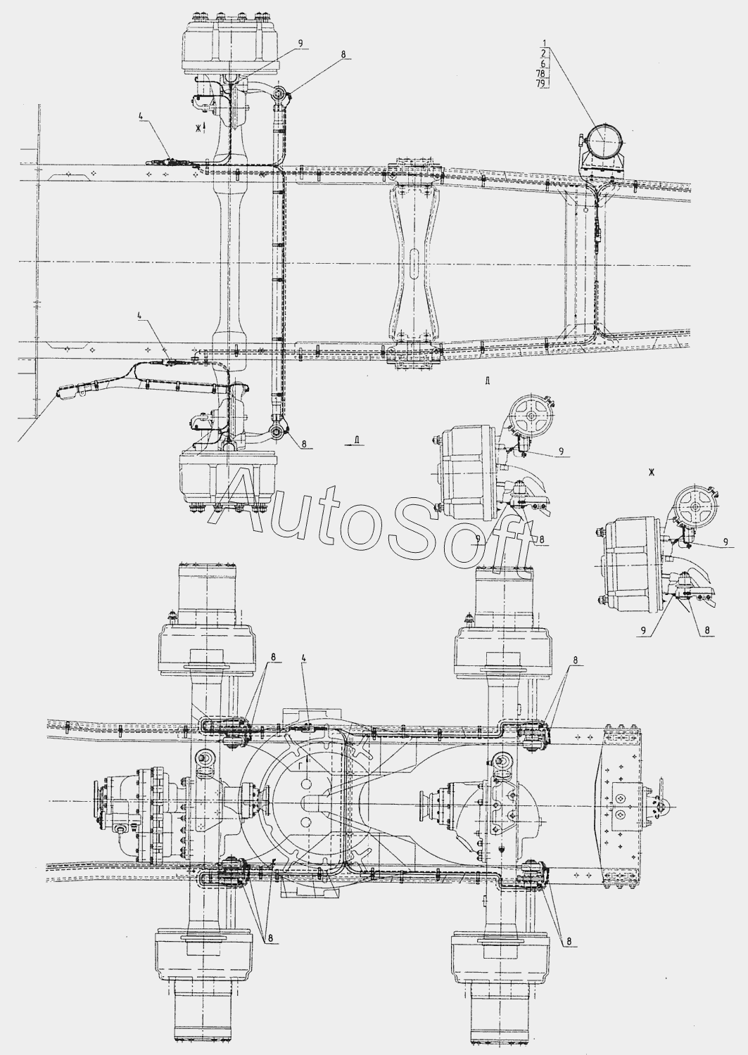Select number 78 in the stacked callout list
pyautogui.click(x=540, y=73)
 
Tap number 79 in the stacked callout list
pyautogui.click(x=540, y=84)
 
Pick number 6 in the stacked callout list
pyautogui.click(x=543, y=63)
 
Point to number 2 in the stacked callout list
pyautogui.click(x=543, y=53)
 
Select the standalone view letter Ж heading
pyautogui.click(x=652, y=473)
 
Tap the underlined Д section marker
pyautogui.click(x=358, y=440)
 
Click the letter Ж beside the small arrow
pyautogui.click(x=199, y=127)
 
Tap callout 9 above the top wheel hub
pyautogui.click(x=300, y=44)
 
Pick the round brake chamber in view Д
pyautogui.click(x=531, y=418)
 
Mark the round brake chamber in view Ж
pyautogui.click(x=694, y=506)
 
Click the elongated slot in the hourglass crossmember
pyautogui.click(x=414, y=260)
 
